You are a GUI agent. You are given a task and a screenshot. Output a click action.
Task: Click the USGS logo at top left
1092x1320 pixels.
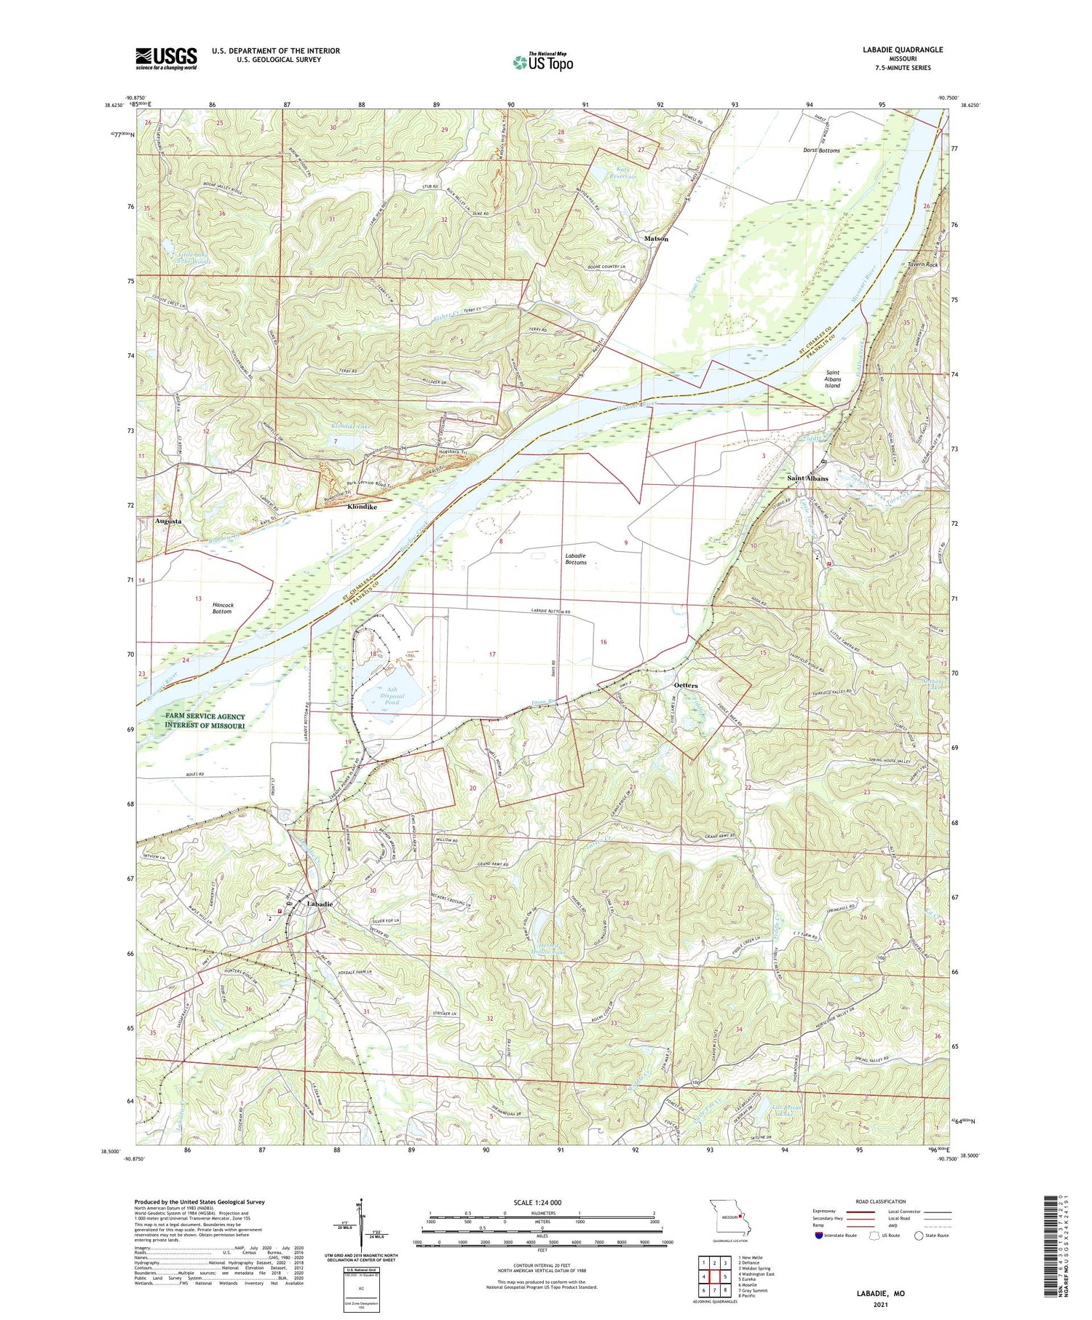(166, 58)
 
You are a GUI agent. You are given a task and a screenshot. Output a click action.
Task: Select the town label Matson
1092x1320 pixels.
(655, 239)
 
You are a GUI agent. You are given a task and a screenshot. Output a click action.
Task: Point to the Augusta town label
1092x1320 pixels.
(168, 521)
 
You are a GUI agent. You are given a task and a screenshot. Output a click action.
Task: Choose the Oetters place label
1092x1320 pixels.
(686, 685)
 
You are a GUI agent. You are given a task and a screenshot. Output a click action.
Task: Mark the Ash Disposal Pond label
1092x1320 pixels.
(392, 695)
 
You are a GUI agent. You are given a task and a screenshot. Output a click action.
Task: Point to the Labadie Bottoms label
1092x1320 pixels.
(576, 558)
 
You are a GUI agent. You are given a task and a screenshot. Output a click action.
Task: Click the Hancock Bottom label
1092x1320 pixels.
(223, 608)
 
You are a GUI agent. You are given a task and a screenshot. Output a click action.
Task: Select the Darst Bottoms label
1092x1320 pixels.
(821, 151)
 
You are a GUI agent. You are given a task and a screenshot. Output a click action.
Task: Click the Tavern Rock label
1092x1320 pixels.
(922, 264)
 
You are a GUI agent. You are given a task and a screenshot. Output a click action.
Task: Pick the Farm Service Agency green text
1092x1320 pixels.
(205, 720)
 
